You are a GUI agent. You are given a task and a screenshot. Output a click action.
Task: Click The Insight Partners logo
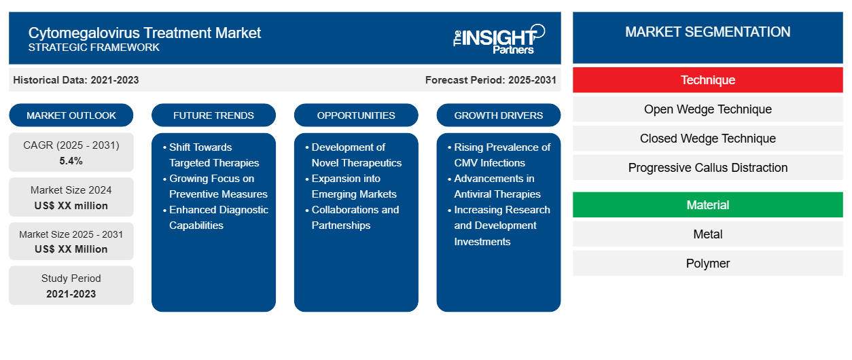click(499, 38)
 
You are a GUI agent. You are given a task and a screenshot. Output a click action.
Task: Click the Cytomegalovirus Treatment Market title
click(144, 32)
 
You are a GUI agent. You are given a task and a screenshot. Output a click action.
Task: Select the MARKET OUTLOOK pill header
click(71, 115)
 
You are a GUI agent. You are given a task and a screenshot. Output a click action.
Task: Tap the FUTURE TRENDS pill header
click(213, 115)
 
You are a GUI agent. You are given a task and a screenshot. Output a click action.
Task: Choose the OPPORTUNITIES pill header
click(356, 115)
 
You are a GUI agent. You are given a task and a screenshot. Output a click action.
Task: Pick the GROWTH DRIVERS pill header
click(499, 115)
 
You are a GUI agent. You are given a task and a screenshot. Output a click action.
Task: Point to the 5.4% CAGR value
click(71, 161)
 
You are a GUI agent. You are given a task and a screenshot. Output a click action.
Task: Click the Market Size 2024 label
click(71, 190)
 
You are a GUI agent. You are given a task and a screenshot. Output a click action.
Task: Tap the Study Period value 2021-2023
click(71, 294)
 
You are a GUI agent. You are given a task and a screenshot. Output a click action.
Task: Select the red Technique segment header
click(708, 80)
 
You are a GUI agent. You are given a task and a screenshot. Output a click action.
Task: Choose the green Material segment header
click(708, 205)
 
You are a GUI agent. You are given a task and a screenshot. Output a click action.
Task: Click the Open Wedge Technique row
click(708, 109)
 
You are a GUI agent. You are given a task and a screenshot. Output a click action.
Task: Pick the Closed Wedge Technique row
click(708, 139)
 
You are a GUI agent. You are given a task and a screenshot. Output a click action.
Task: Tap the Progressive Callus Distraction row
click(708, 168)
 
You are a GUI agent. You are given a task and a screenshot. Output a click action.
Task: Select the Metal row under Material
click(708, 234)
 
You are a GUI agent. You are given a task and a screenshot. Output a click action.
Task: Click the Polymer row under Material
click(708, 264)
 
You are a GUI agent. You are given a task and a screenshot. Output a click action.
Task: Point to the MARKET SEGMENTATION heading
click(708, 32)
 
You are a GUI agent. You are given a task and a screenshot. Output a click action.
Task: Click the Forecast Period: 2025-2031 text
click(491, 80)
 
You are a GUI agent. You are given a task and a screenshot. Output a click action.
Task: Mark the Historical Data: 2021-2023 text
click(76, 80)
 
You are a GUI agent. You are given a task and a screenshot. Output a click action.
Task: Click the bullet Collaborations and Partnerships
click(355, 217)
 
